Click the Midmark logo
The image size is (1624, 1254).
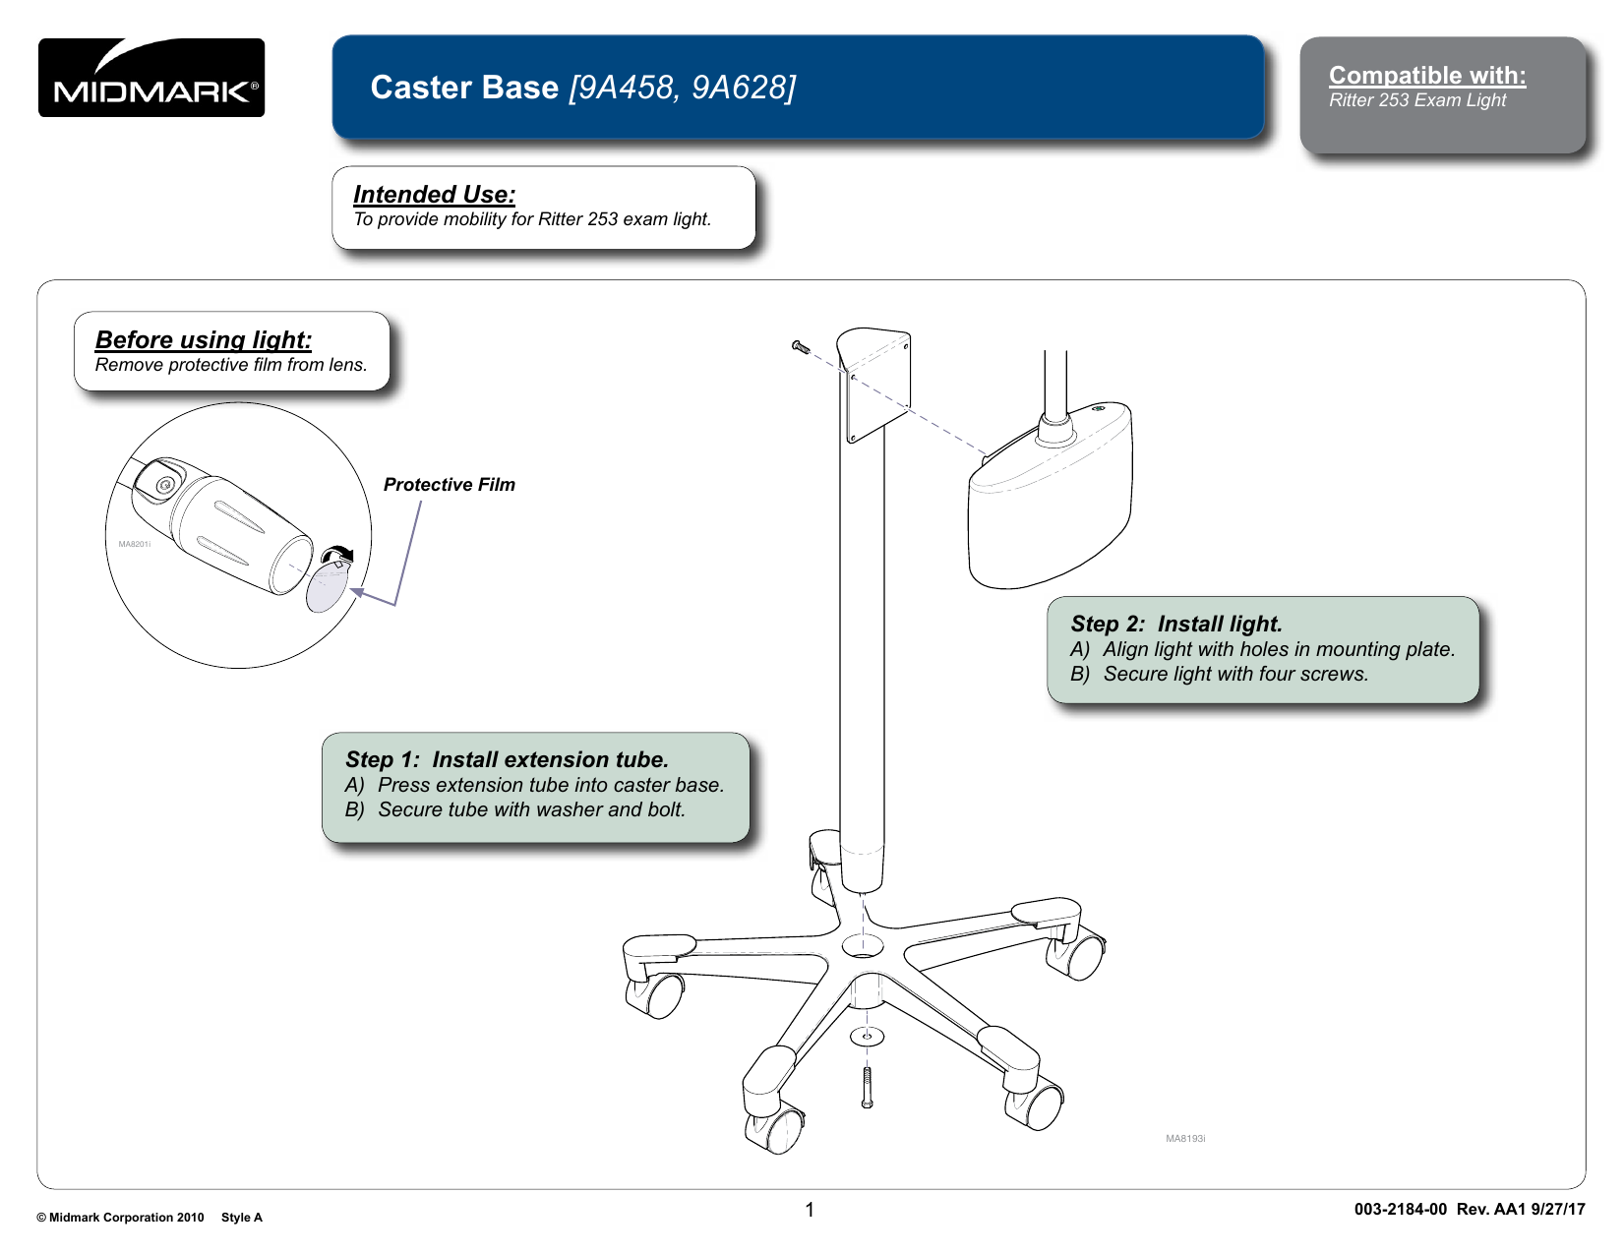tap(151, 78)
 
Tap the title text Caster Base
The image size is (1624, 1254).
tap(464, 88)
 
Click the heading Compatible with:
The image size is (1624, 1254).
tap(1426, 76)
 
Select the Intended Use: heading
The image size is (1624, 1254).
tap(434, 195)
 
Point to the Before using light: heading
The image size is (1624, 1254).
tap(204, 340)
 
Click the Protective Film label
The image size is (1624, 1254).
tap(449, 485)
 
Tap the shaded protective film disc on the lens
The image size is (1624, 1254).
tap(327, 588)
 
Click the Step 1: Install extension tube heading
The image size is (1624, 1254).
tap(507, 760)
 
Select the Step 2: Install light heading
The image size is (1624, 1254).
tap(1176, 625)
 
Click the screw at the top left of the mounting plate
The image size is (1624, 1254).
tap(801, 346)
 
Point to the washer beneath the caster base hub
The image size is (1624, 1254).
tap(867, 1036)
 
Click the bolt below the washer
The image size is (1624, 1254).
tap(867, 1087)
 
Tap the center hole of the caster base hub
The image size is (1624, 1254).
tap(863, 946)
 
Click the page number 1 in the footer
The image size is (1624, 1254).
tap(810, 1210)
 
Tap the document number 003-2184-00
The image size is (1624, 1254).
tap(1400, 1210)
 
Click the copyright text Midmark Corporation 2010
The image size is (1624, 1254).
tap(126, 1218)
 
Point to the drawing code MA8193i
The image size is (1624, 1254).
tap(1185, 1139)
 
